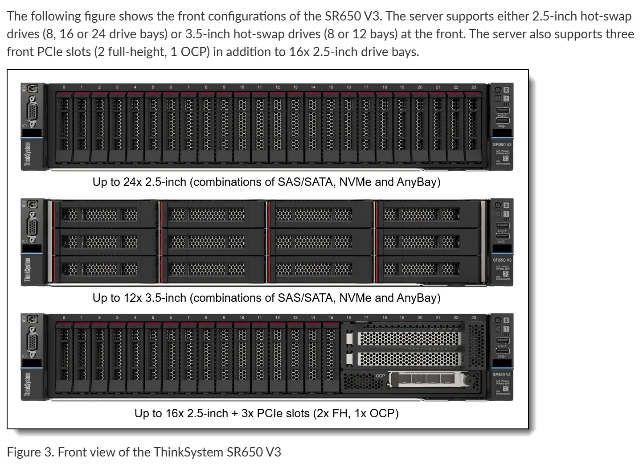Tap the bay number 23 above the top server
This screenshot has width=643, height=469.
tap(473, 87)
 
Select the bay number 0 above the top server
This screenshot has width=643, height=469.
tap(64, 87)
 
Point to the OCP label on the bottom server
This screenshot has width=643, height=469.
tap(380, 376)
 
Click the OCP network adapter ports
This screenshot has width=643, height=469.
tap(426, 379)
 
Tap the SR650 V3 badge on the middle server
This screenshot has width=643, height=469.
tap(502, 260)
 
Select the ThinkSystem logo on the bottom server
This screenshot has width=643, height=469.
tap(28, 384)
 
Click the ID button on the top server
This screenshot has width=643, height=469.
tap(506, 90)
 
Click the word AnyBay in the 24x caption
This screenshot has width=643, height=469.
tap(418, 182)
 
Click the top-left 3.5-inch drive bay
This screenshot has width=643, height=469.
tap(105, 215)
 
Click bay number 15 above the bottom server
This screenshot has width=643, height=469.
tap(331, 318)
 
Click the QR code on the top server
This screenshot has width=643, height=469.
tap(506, 159)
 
